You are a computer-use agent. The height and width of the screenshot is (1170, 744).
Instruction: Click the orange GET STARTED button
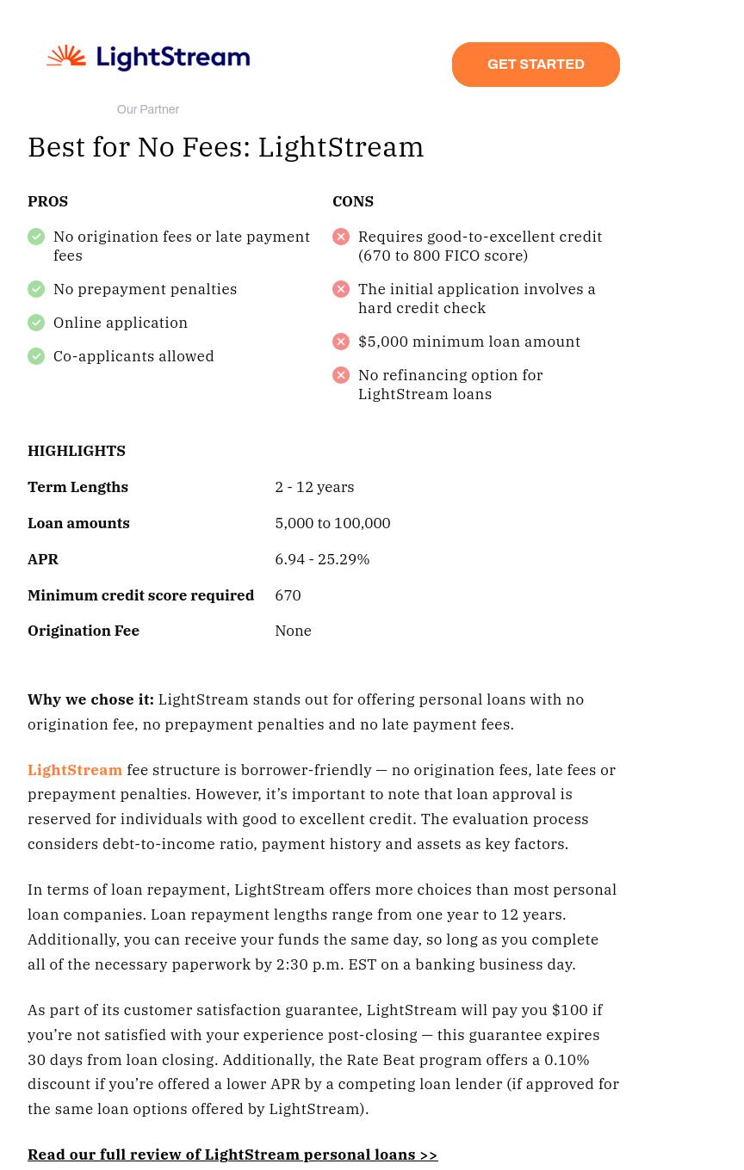(536, 65)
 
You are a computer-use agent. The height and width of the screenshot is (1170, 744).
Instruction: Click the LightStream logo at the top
(148, 58)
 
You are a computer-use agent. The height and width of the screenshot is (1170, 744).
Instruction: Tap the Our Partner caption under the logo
(148, 110)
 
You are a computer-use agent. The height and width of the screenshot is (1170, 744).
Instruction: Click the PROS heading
(47, 201)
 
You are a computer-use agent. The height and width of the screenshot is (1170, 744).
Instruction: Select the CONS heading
(353, 201)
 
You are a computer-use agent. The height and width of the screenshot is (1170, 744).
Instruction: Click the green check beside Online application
(36, 323)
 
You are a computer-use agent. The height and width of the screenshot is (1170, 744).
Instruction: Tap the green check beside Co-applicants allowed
(36, 356)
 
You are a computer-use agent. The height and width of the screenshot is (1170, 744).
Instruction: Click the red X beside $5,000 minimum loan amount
(341, 342)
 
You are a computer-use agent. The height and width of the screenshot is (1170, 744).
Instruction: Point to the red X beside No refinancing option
(341, 375)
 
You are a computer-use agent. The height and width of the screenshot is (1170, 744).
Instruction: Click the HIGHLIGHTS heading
(77, 451)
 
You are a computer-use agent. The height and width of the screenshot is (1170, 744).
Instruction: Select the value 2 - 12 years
(314, 487)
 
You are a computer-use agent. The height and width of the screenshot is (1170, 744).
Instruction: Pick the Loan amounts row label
(78, 523)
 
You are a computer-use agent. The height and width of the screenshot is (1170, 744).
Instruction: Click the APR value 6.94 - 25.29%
(322, 559)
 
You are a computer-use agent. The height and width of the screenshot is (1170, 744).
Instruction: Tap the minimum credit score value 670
(288, 595)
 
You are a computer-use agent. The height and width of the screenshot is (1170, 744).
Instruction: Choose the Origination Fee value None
(293, 631)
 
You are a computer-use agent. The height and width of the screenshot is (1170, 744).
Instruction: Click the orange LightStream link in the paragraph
(75, 770)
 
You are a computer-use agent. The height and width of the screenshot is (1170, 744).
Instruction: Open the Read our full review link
(232, 1155)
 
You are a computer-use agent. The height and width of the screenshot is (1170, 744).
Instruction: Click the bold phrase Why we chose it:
(90, 699)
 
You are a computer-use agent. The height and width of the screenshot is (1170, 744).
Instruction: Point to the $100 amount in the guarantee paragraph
(569, 1010)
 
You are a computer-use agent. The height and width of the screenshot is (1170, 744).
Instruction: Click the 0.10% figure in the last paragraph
(567, 1060)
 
